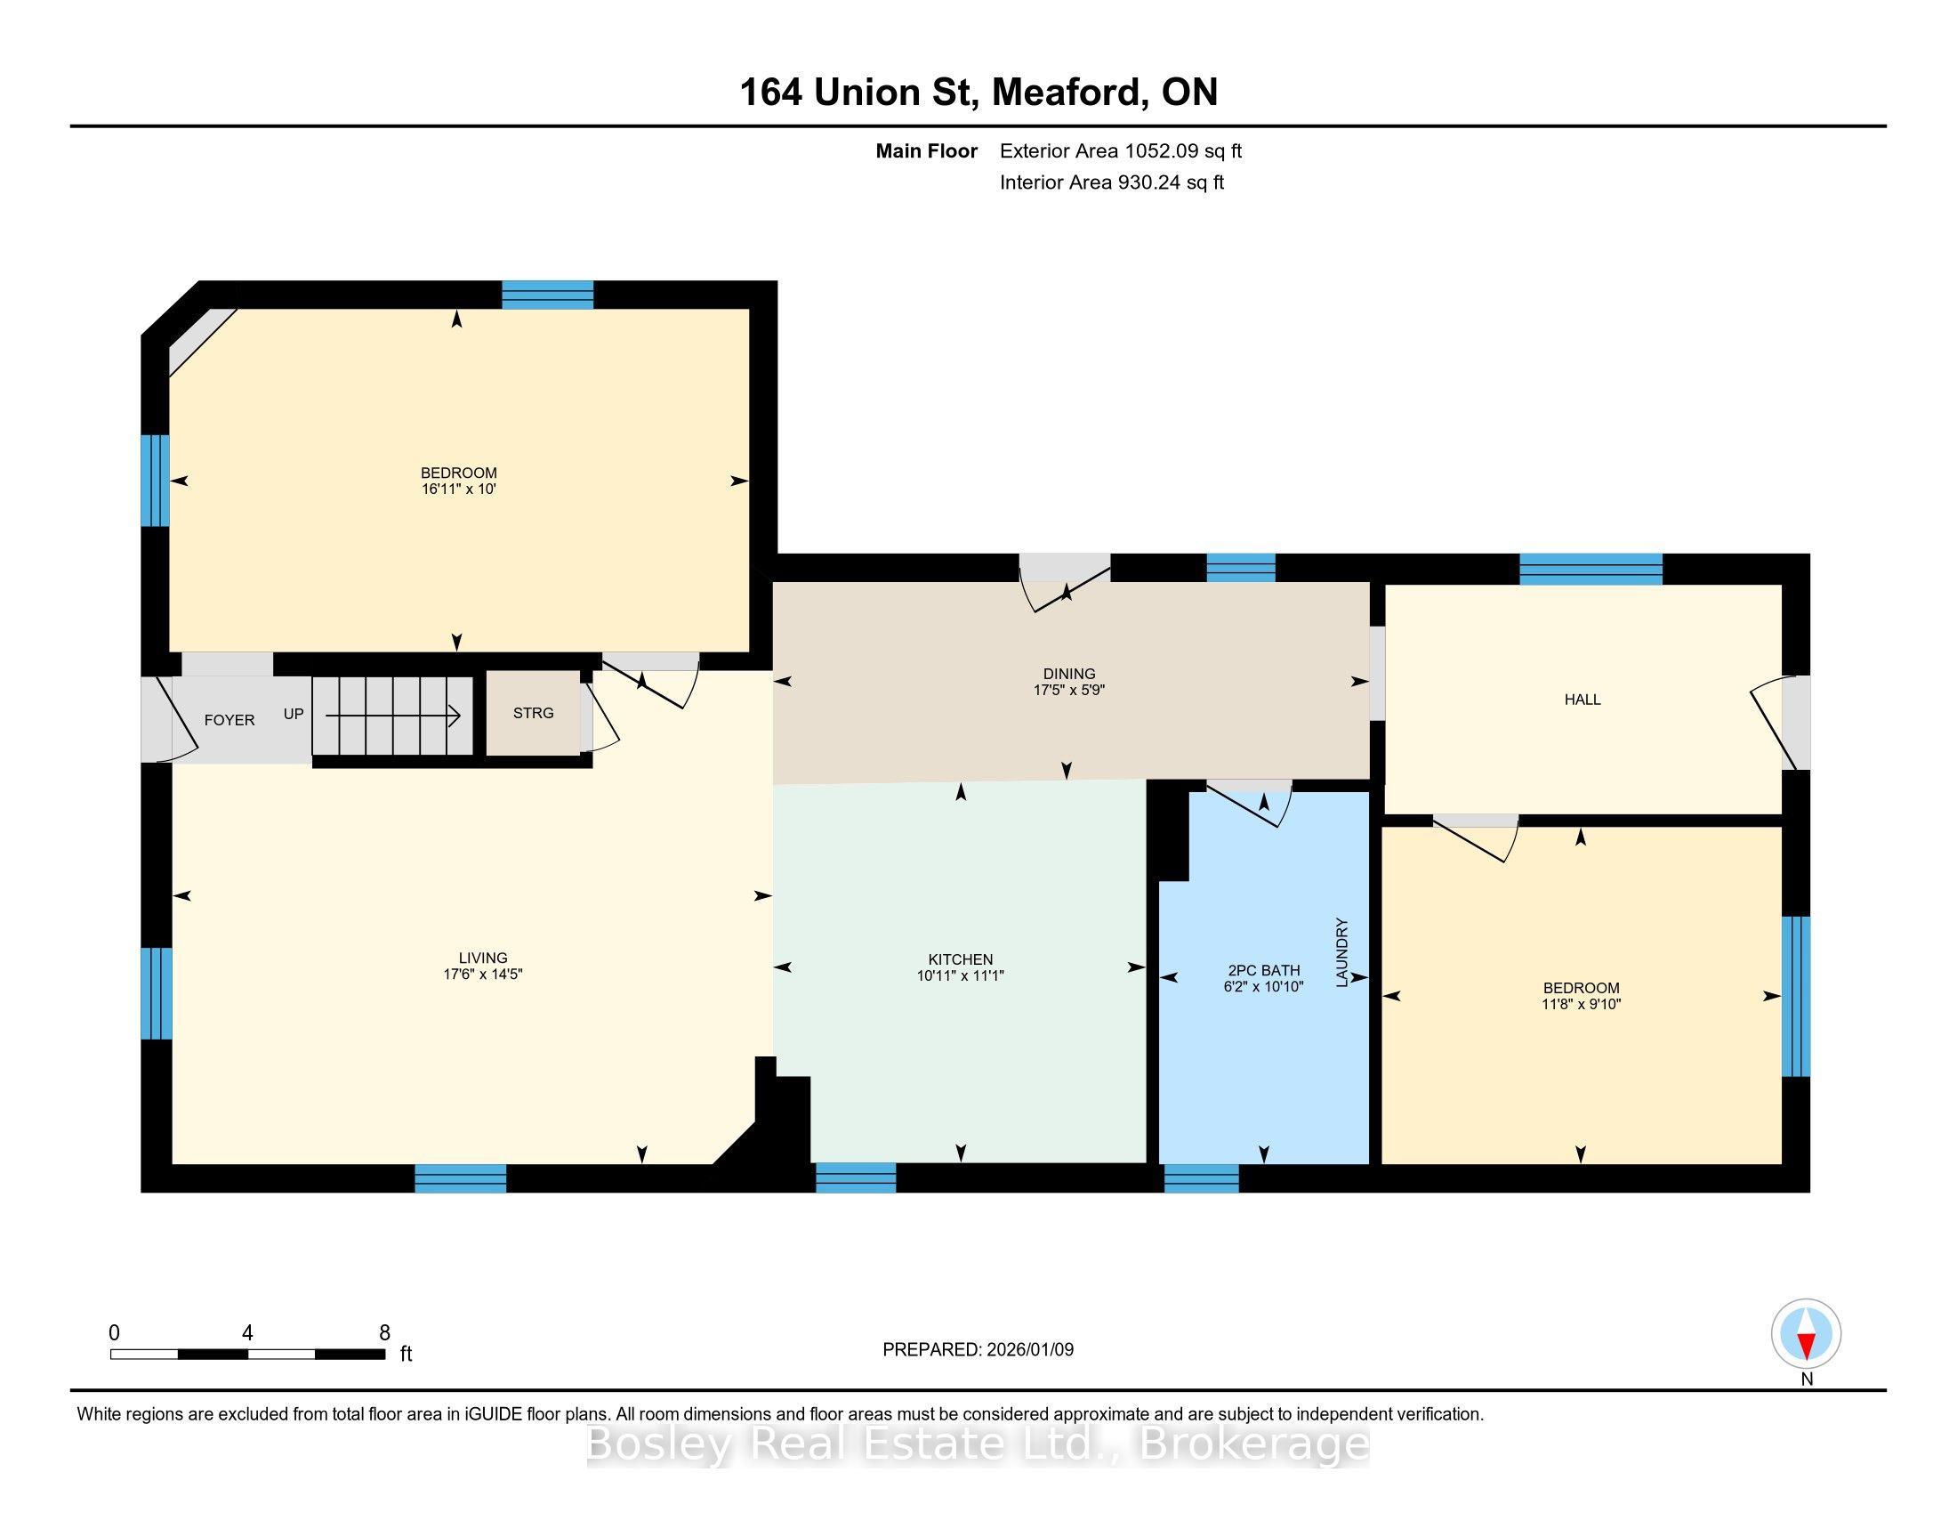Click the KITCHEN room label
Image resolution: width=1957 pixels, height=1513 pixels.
[x=961, y=959]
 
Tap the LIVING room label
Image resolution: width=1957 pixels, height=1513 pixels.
[x=483, y=958]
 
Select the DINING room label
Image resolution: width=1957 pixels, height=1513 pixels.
[x=1069, y=674]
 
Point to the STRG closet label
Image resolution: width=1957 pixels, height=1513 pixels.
[x=533, y=713]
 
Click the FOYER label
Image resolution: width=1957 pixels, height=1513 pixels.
[x=230, y=720]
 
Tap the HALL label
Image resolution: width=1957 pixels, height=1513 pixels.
[x=1583, y=700]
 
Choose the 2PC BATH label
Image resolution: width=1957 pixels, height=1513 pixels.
[x=1263, y=970]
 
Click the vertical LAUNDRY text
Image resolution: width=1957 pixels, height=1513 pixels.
[x=1341, y=952]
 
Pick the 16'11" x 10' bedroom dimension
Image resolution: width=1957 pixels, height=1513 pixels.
[x=459, y=489]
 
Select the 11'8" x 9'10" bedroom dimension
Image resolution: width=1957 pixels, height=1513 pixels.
[x=1582, y=1004]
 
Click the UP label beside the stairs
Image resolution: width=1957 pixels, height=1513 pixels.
[x=294, y=715]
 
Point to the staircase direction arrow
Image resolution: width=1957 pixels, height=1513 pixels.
[x=392, y=716]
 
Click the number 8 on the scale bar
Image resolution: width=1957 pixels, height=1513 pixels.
[x=384, y=1333]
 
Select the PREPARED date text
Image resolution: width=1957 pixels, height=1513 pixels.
[x=978, y=1349]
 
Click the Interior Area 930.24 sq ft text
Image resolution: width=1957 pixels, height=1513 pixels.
[x=1112, y=182]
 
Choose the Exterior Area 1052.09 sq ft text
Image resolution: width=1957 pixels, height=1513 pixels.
[x=1121, y=151]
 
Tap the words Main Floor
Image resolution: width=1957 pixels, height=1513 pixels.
[x=927, y=151]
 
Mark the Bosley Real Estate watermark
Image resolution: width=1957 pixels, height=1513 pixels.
[x=978, y=1444]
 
